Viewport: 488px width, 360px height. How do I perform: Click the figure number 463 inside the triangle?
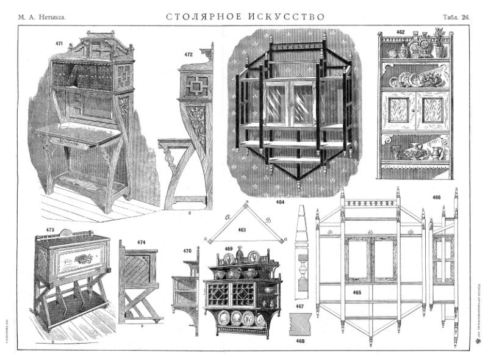coord(242,231)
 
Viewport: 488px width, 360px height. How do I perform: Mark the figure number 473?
coord(50,230)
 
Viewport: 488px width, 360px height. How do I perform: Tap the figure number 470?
coord(187,250)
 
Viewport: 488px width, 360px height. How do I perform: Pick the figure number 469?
coord(228,249)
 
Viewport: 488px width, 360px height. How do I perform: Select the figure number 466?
coord(436,198)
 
